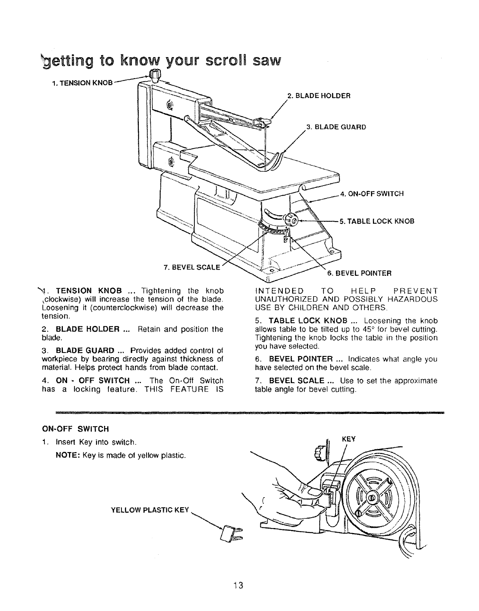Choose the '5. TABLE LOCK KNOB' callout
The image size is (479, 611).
[x=377, y=221]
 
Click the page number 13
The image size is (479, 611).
[x=238, y=585]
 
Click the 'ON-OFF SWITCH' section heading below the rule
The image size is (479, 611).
[x=75, y=429]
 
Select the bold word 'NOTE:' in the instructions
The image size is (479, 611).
[x=67, y=456]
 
